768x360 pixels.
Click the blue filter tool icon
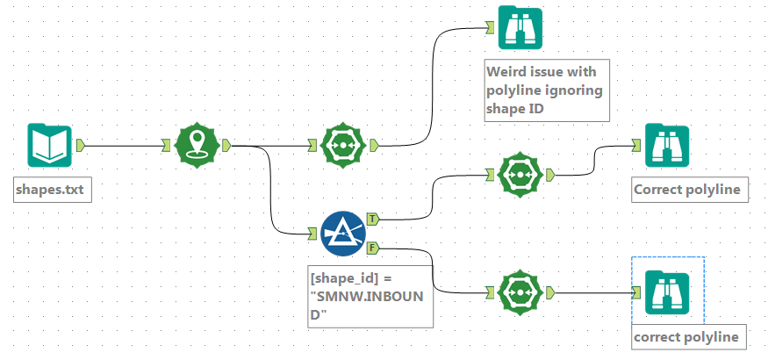pyautogui.click(x=342, y=233)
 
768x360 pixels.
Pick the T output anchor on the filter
pyautogui.click(x=372, y=217)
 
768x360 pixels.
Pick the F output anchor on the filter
pyautogui.click(x=372, y=249)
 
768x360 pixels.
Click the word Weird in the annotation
pyautogui.click(x=506, y=72)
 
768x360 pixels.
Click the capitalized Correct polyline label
pyautogui.click(x=690, y=190)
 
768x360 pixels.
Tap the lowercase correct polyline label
pyautogui.click(x=689, y=336)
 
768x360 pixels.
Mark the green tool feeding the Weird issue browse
pyautogui.click(x=342, y=146)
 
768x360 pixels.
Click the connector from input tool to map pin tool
pyautogui.click(x=123, y=145)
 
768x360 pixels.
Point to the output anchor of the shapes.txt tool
pyautogui.click(x=80, y=145)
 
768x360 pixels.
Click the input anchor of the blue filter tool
pyautogui.click(x=312, y=233)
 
